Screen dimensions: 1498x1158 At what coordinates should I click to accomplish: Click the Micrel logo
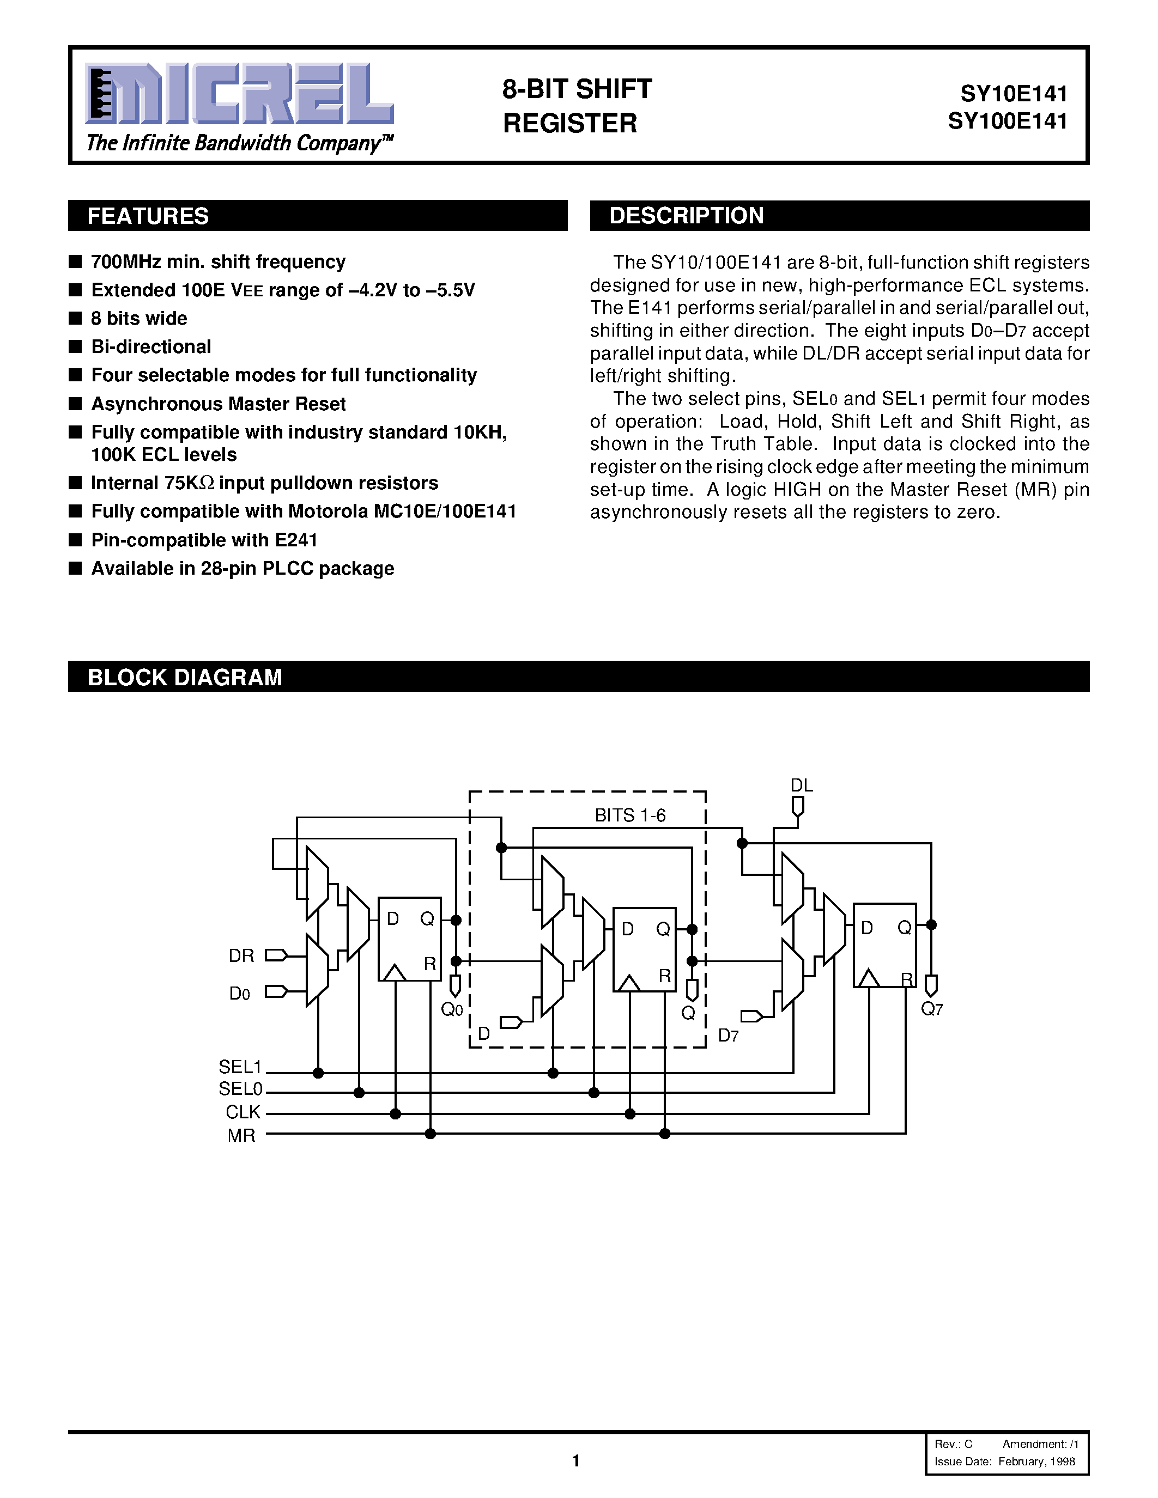(239, 94)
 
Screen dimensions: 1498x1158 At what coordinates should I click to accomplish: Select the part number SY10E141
(1013, 93)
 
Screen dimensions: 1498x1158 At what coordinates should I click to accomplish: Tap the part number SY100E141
(1007, 121)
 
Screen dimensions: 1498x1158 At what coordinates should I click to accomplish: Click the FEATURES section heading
(148, 216)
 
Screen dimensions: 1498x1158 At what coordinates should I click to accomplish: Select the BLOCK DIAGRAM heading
(185, 677)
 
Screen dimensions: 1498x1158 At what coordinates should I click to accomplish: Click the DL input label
(801, 785)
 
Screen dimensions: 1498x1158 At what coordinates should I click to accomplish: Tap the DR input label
(241, 955)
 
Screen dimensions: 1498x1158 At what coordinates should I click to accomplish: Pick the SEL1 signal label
(240, 1067)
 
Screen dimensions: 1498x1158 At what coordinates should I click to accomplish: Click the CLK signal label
(243, 1112)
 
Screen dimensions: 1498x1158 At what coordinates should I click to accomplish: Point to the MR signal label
(241, 1135)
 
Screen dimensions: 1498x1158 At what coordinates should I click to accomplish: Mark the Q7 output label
(932, 1009)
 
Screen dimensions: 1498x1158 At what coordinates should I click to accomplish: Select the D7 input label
(728, 1036)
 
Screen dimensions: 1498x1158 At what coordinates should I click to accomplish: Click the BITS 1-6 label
(630, 815)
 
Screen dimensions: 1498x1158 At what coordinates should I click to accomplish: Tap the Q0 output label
(452, 1009)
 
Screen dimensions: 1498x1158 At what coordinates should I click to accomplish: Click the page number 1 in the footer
(575, 1461)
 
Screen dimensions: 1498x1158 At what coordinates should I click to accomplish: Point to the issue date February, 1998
(1036, 1461)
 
